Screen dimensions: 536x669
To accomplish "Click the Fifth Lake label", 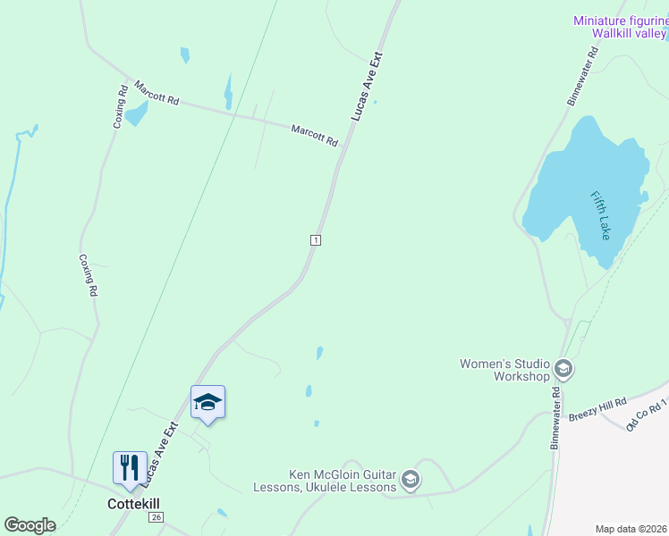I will (x=600, y=214).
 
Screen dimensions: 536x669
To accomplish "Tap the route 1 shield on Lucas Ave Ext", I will (x=315, y=240).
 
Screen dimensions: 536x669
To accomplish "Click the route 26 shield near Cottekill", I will (x=157, y=517).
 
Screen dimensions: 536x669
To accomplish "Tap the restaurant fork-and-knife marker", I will (x=130, y=467).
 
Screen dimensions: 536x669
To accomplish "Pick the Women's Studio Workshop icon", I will (x=563, y=368).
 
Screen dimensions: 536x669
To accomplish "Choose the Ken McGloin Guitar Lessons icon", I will (x=411, y=480).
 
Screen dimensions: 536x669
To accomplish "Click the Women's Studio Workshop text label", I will (x=504, y=370).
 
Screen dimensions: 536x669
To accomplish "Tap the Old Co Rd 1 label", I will (x=648, y=414).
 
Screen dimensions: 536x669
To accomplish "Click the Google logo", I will (x=30, y=525).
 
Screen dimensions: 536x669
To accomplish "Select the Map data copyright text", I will (x=631, y=529).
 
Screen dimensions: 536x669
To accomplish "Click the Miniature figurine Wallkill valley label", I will (x=620, y=27).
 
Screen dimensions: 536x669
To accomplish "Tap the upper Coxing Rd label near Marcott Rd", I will (x=119, y=106).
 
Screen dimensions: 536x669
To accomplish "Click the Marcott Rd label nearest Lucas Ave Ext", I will (x=314, y=136).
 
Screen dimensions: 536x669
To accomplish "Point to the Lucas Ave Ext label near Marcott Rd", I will (x=367, y=87).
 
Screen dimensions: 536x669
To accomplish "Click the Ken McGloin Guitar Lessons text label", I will (x=342, y=481).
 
